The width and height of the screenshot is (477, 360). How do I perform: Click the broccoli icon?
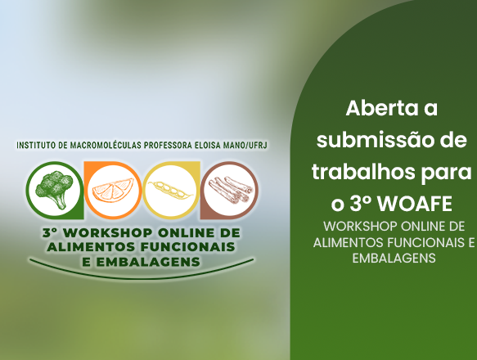point(55,189)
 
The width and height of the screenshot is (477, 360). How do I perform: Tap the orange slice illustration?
point(113,191)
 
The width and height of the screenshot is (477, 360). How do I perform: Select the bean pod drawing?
point(170,190)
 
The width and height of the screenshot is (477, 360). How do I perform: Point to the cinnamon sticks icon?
point(230,190)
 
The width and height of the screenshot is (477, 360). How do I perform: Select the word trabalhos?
point(363,172)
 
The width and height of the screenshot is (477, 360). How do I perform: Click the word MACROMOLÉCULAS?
point(106,145)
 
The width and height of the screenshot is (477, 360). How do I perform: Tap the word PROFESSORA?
point(168,145)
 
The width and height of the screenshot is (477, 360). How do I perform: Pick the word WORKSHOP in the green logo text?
point(108,233)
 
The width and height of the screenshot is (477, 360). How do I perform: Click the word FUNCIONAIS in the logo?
point(187,247)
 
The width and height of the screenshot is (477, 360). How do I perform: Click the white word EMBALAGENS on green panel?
point(394,258)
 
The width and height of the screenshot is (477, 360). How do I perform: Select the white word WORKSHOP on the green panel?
point(360,227)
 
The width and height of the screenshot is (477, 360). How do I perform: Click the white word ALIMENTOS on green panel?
point(348,242)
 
